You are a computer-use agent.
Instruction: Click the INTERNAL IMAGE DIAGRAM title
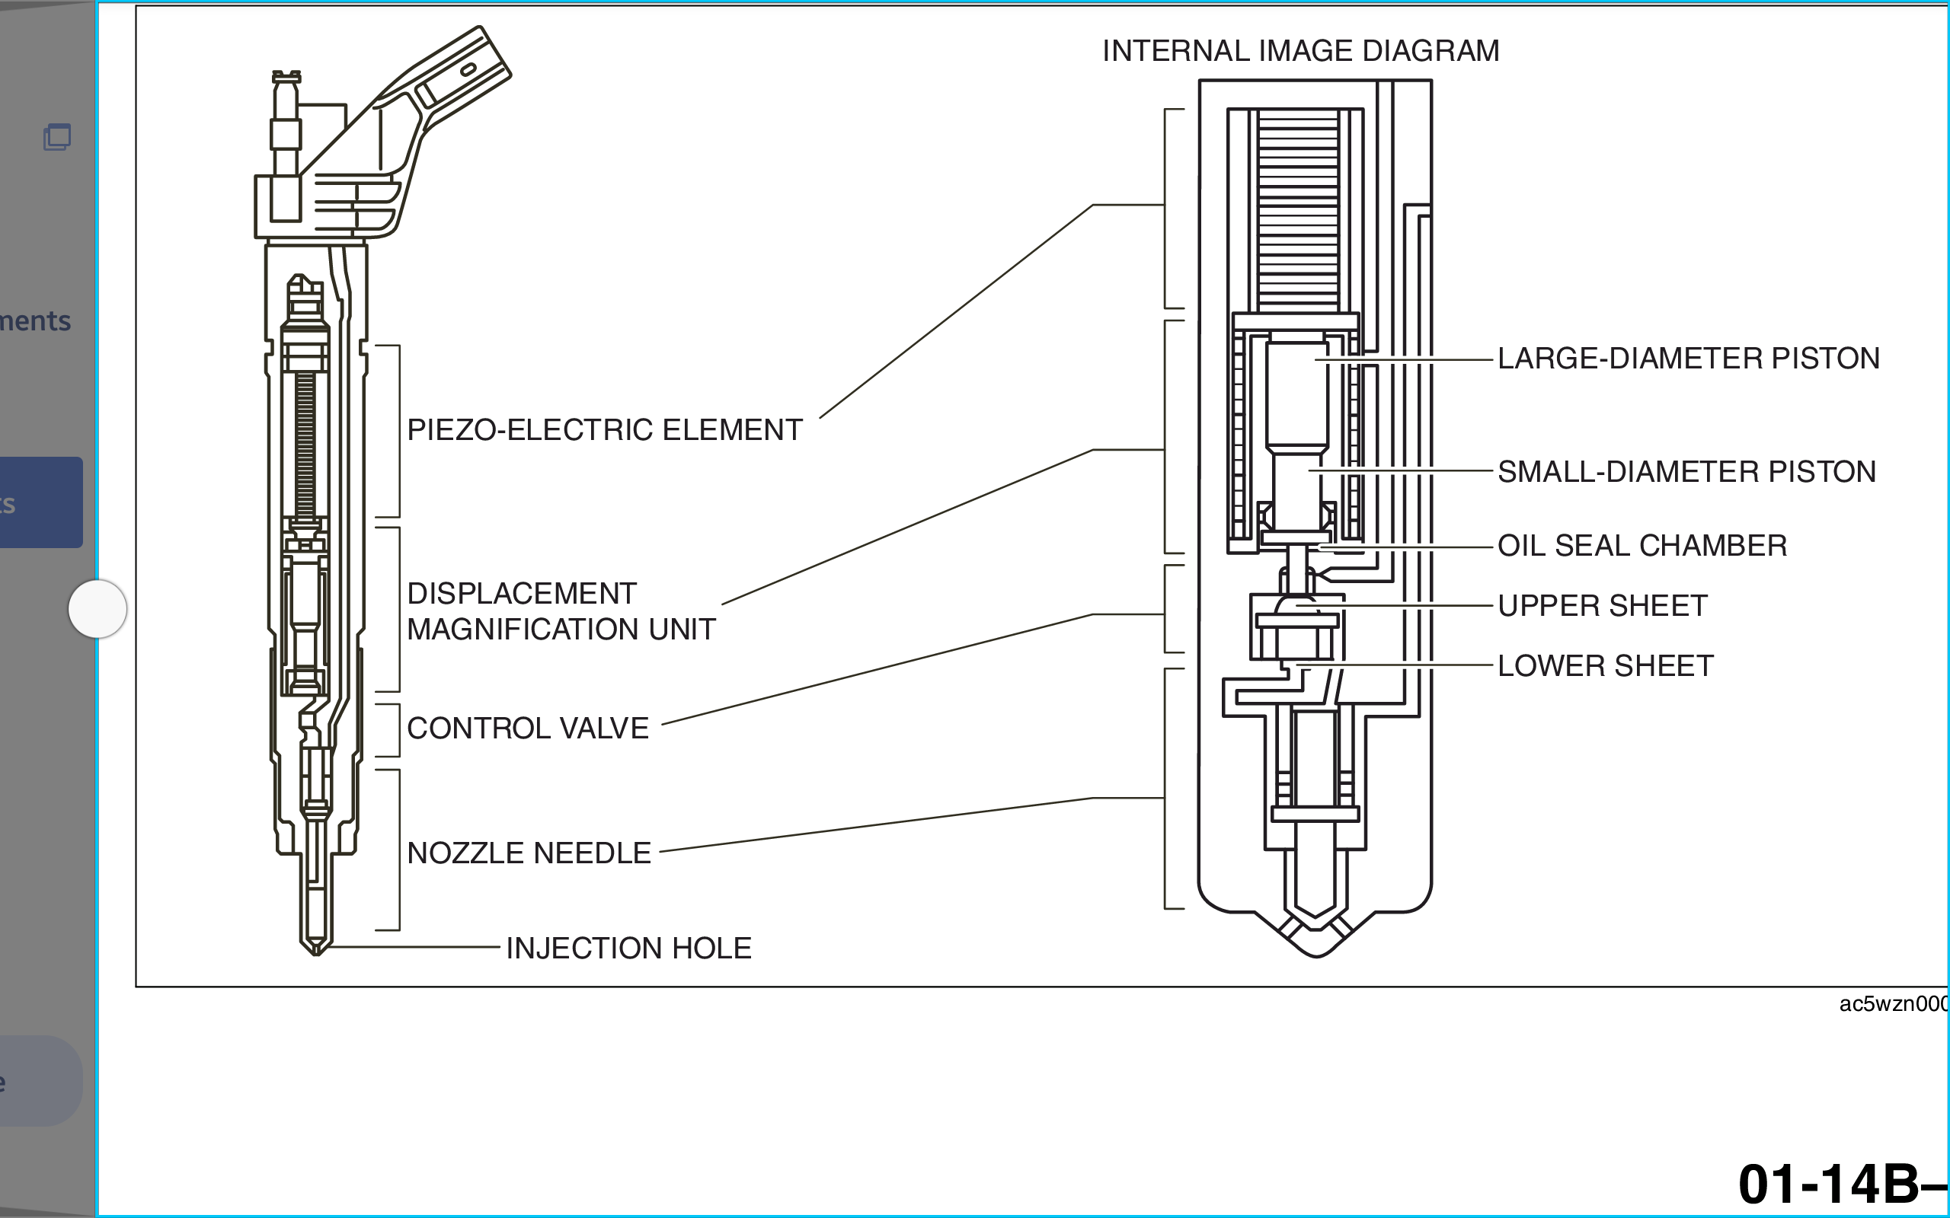tap(1300, 51)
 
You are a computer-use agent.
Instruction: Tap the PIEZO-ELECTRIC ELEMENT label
tap(604, 430)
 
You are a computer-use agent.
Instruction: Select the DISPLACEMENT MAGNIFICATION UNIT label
tap(561, 611)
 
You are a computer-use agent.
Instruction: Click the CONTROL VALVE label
tap(528, 729)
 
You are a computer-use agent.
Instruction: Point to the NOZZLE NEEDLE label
tap(529, 853)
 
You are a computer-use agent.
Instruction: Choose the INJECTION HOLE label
tap(628, 949)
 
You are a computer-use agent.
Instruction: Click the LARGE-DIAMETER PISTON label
tap(1688, 359)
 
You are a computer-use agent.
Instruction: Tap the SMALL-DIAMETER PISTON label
tap(1686, 472)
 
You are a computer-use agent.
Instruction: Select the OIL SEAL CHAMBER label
tap(1642, 546)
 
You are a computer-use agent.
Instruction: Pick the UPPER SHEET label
tap(1602, 606)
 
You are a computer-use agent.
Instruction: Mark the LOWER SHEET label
tap(1605, 666)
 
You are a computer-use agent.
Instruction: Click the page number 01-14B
tap(1841, 1185)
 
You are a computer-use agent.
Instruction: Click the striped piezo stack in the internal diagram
tap(1297, 209)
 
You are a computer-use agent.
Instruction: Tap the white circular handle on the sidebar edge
tap(97, 609)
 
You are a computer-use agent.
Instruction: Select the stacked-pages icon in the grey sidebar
tap(57, 137)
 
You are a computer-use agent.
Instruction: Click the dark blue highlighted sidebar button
tap(40, 502)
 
